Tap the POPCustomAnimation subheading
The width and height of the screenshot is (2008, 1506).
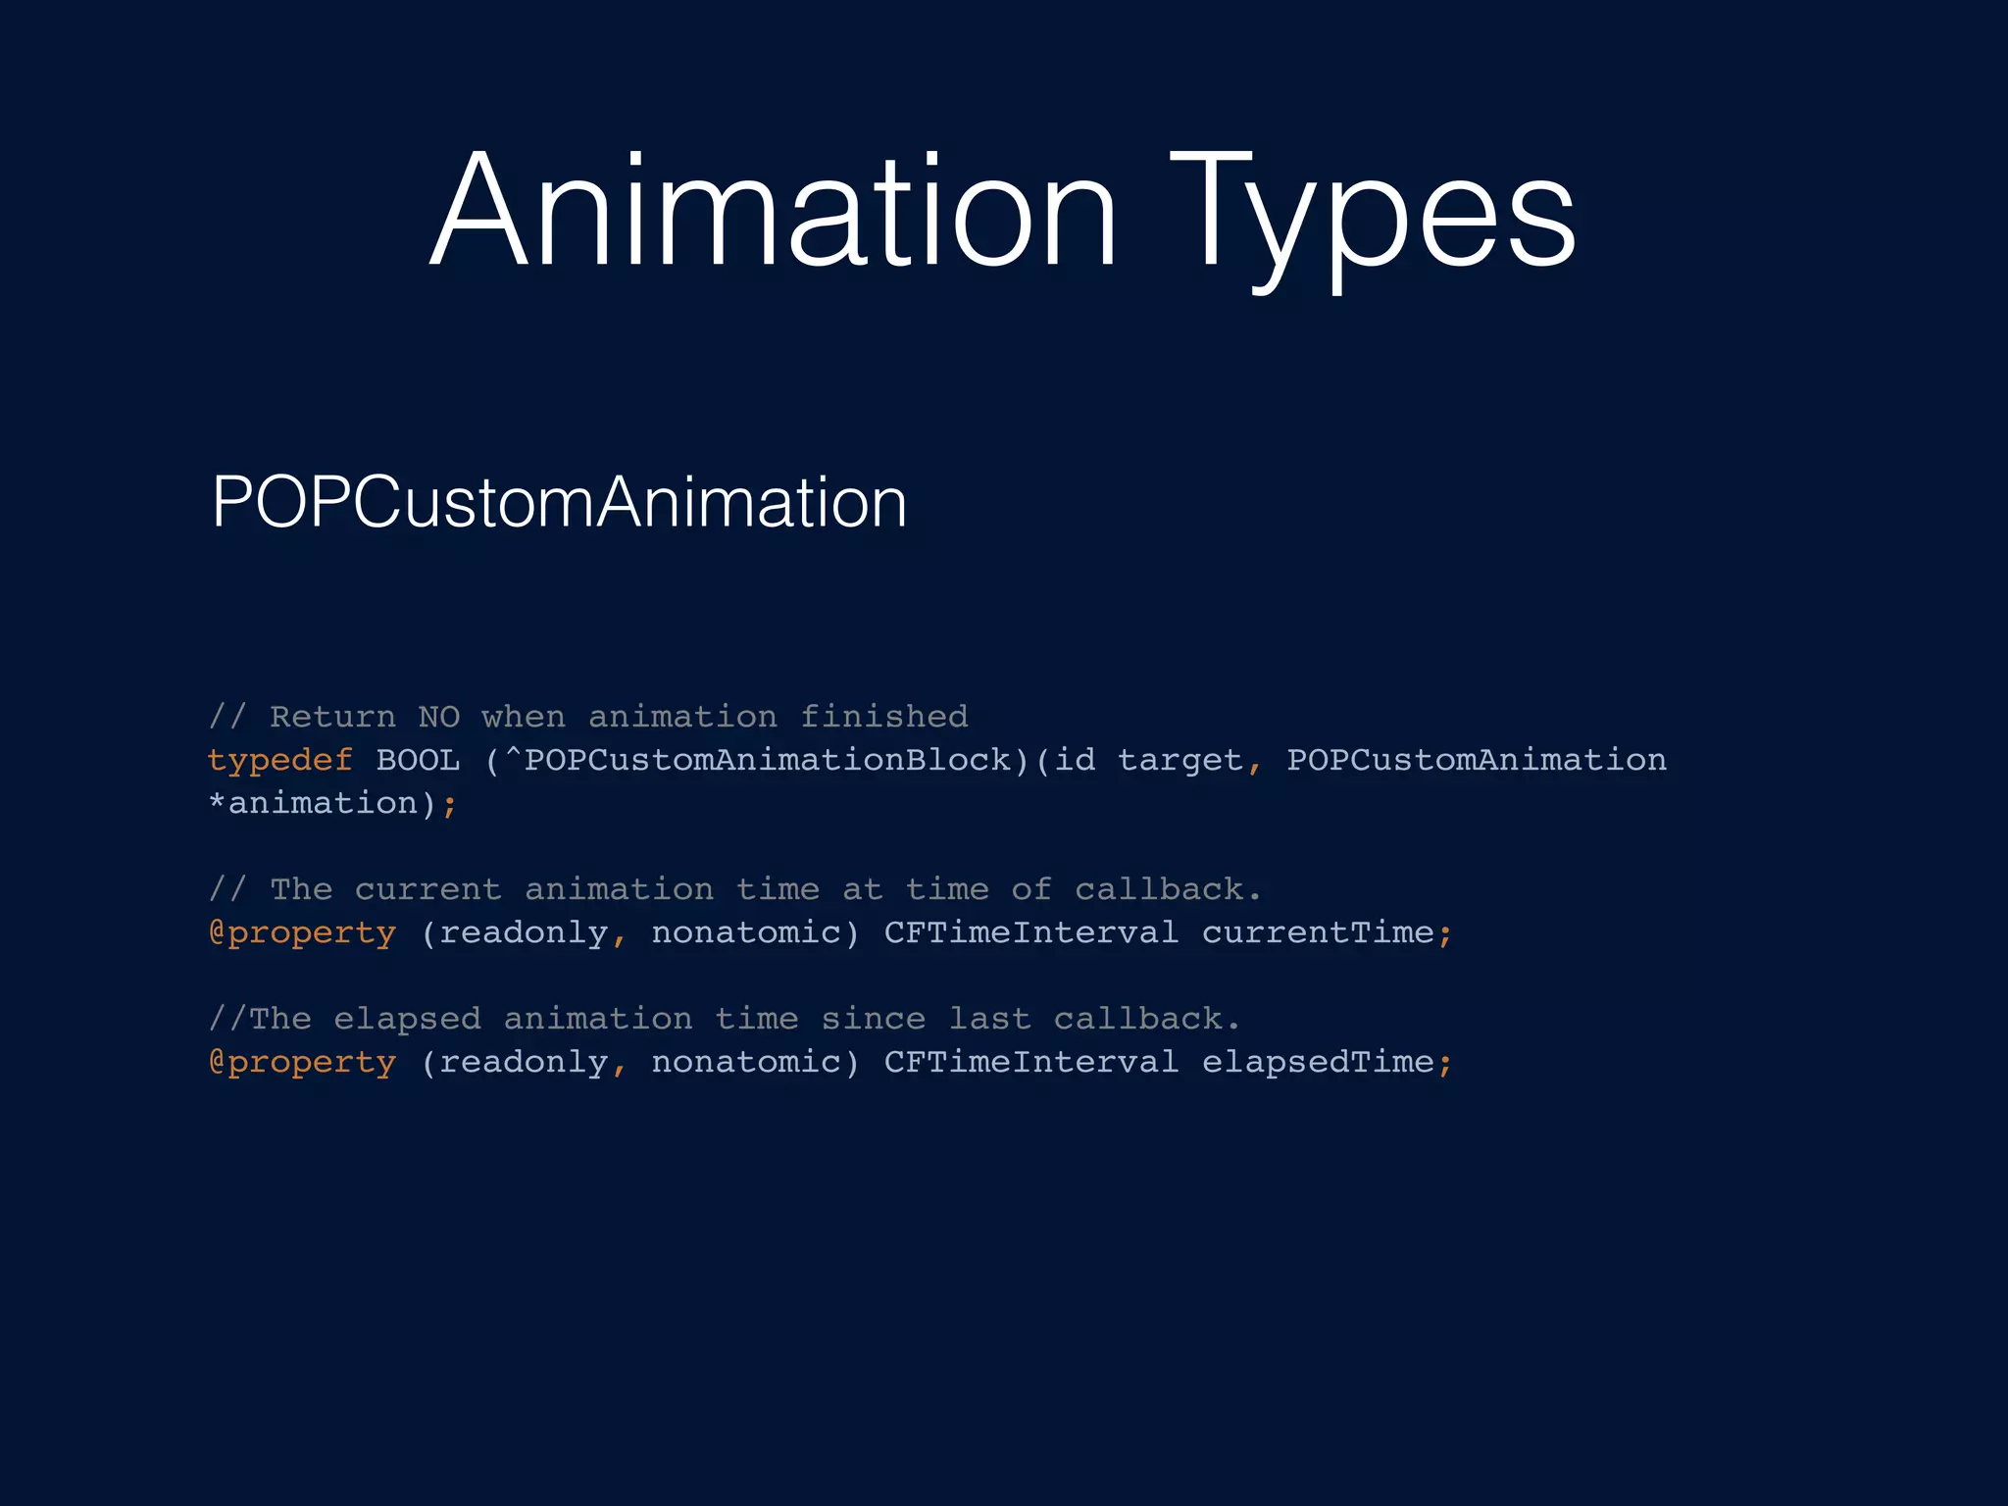pyautogui.click(x=559, y=502)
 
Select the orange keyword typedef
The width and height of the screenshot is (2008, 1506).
pyautogui.click(x=279, y=760)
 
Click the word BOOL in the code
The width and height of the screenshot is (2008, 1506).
pyautogui.click(x=418, y=760)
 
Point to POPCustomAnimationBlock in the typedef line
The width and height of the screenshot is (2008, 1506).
pyautogui.click(x=769, y=760)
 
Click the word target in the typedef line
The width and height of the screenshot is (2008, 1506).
pyautogui.click(x=1180, y=760)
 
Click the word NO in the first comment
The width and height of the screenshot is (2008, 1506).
pyautogui.click(x=438, y=717)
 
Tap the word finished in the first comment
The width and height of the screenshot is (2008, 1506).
pyautogui.click(x=883, y=717)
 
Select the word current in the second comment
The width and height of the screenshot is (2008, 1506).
pyautogui.click(x=427, y=889)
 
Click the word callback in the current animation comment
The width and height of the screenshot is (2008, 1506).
pyautogui.click(x=1159, y=889)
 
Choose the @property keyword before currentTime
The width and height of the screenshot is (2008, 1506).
pyautogui.click(x=302, y=932)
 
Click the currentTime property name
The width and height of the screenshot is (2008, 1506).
pyautogui.click(x=1318, y=932)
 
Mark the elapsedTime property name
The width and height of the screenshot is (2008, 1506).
pyautogui.click(x=1318, y=1062)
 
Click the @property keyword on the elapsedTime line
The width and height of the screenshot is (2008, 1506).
pyautogui.click(x=302, y=1062)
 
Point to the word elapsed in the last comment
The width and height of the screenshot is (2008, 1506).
pyautogui.click(x=407, y=1019)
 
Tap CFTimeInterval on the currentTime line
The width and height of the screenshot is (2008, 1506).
pyautogui.click(x=1030, y=932)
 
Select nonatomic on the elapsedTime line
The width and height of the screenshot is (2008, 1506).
pyautogui.click(x=746, y=1062)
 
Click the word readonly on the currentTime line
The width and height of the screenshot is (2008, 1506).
pyautogui.click(x=523, y=932)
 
